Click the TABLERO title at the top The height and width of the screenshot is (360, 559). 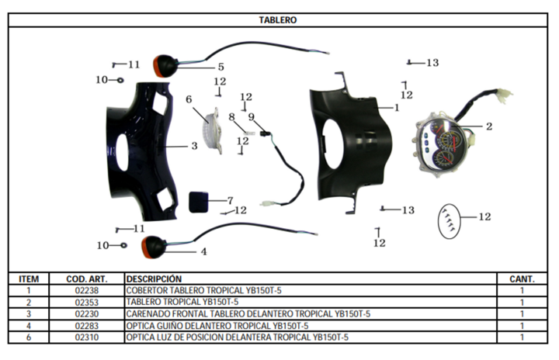[x=278, y=20]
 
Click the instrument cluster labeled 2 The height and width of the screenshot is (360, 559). [x=440, y=145]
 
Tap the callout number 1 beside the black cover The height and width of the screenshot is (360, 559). [x=397, y=107]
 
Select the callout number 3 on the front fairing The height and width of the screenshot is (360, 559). [x=194, y=146]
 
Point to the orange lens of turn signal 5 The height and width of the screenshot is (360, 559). [x=157, y=66]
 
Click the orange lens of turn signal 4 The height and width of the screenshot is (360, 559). [x=145, y=247]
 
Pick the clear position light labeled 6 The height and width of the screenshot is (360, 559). [x=213, y=131]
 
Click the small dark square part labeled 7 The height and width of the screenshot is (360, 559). [x=198, y=202]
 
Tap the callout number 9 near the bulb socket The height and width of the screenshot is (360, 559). [x=252, y=117]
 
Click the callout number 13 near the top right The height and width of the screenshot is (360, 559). [x=432, y=63]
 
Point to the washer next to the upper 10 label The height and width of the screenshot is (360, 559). [x=120, y=80]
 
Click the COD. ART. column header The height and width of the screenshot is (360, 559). [x=87, y=279]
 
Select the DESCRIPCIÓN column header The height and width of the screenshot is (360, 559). [x=154, y=279]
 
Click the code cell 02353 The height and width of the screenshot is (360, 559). [x=87, y=303]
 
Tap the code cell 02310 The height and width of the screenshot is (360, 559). [x=87, y=337]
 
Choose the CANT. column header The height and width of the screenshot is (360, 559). [x=522, y=279]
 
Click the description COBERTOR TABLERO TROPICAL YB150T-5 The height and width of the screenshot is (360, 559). [x=203, y=290]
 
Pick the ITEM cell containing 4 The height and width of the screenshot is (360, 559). [x=29, y=326]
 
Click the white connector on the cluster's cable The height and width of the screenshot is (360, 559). [x=505, y=95]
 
